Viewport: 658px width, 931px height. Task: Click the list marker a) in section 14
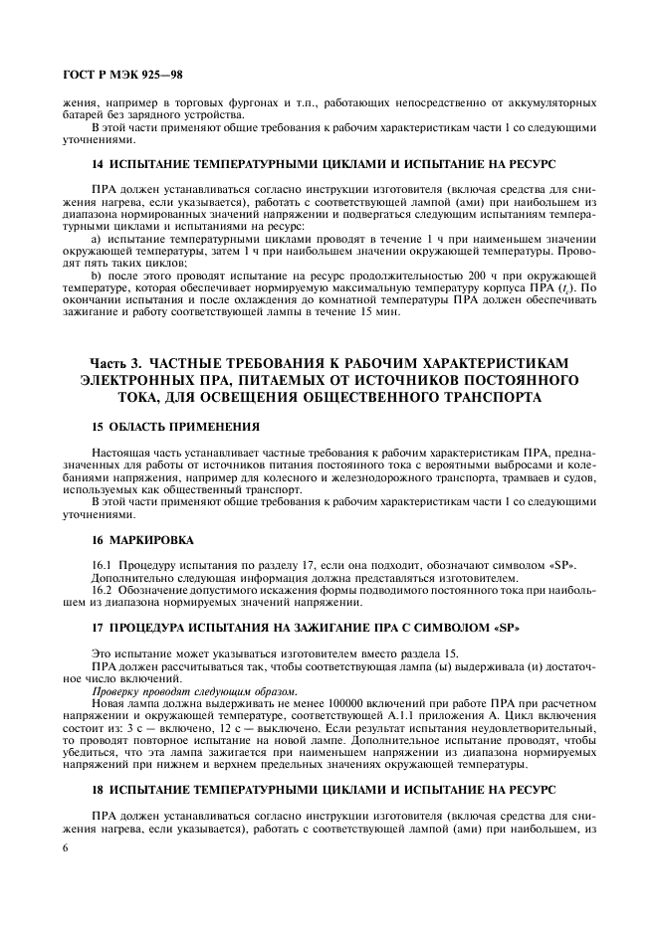97,240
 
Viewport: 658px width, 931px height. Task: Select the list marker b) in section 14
97,274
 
